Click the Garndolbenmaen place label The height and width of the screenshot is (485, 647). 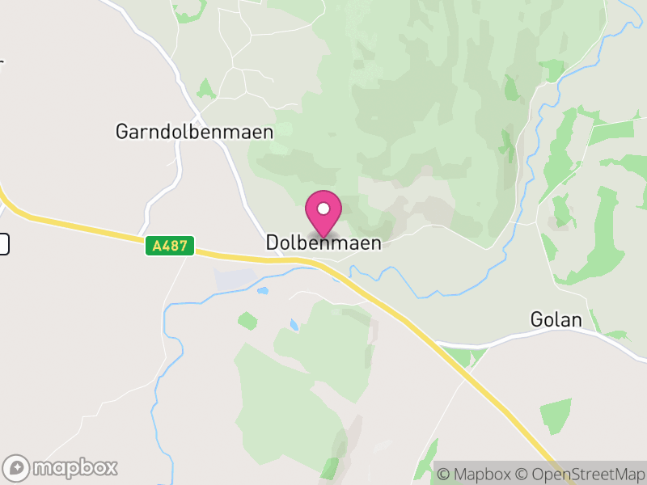[194, 132]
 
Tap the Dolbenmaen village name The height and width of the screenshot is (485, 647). [323, 242]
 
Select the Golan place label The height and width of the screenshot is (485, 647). [556, 320]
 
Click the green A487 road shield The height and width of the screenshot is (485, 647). [170, 247]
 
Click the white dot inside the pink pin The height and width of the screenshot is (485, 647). [323, 209]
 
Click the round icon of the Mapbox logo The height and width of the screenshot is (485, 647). [17, 467]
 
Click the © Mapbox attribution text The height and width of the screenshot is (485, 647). [480, 474]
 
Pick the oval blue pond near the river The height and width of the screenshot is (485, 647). [262, 290]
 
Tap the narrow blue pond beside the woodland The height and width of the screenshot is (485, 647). [292, 326]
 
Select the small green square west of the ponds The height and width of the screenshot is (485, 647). [247, 321]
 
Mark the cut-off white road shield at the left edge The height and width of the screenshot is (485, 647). [3, 243]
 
